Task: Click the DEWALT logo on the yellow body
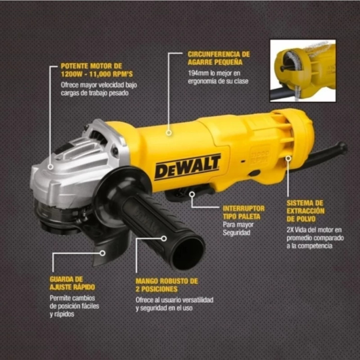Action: pos(187,167)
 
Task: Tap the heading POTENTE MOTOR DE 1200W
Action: pos(97,70)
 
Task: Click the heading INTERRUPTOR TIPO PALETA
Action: pos(244,213)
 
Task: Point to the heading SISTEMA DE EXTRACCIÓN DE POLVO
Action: pos(305,211)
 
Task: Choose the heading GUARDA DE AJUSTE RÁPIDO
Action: pos(72,283)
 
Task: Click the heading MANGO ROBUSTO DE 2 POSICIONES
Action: pos(167,285)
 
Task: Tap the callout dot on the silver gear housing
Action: pos(50,167)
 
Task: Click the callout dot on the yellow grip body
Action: pos(169,132)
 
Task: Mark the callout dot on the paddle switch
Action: pos(192,194)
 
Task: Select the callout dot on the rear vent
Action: pos(288,158)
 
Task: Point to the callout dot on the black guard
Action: pos(103,253)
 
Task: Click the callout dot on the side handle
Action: pos(164,239)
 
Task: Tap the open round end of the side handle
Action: pos(188,252)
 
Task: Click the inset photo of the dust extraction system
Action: pos(303,71)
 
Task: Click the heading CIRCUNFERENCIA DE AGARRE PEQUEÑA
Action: pos(218,58)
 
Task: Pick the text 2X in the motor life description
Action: pos(290,230)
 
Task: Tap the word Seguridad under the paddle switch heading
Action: pos(237,233)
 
